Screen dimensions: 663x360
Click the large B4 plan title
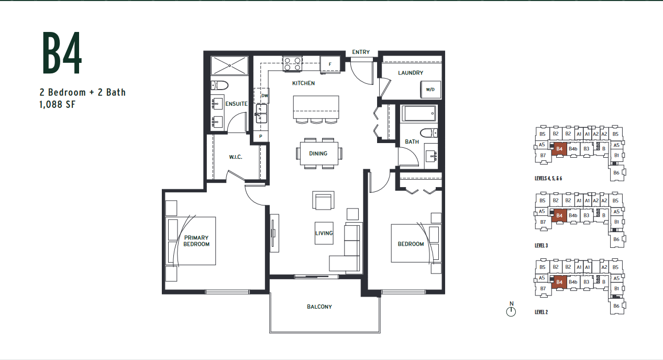pos(62,53)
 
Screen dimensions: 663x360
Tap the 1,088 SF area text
pos(58,104)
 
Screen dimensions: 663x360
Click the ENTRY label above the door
pos(361,52)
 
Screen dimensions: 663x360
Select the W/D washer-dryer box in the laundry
pos(430,90)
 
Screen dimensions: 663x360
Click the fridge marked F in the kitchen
pos(330,64)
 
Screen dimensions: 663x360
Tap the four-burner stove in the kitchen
pos(292,64)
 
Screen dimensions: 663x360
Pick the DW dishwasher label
pos(264,95)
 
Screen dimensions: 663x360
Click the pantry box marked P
pos(260,136)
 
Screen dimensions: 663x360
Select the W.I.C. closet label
pos(236,157)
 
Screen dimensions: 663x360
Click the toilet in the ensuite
pos(219,86)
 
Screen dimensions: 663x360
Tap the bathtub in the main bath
pos(419,113)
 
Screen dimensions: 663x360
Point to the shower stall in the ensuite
pos(229,66)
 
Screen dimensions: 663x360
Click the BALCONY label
pos(319,307)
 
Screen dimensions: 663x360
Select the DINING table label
pos(318,154)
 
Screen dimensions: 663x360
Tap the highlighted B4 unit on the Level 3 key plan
pos(559,215)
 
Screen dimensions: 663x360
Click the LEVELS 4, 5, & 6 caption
pos(548,179)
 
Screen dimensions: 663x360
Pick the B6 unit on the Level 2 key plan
pos(616,306)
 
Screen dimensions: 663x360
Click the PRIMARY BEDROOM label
pos(196,241)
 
